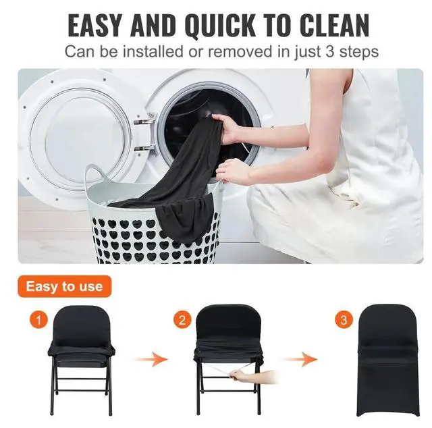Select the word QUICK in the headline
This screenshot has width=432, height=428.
click(217, 24)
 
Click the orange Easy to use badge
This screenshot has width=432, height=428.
click(64, 286)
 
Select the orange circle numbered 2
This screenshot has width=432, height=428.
click(180, 317)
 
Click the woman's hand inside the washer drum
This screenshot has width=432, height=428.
click(228, 126)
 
